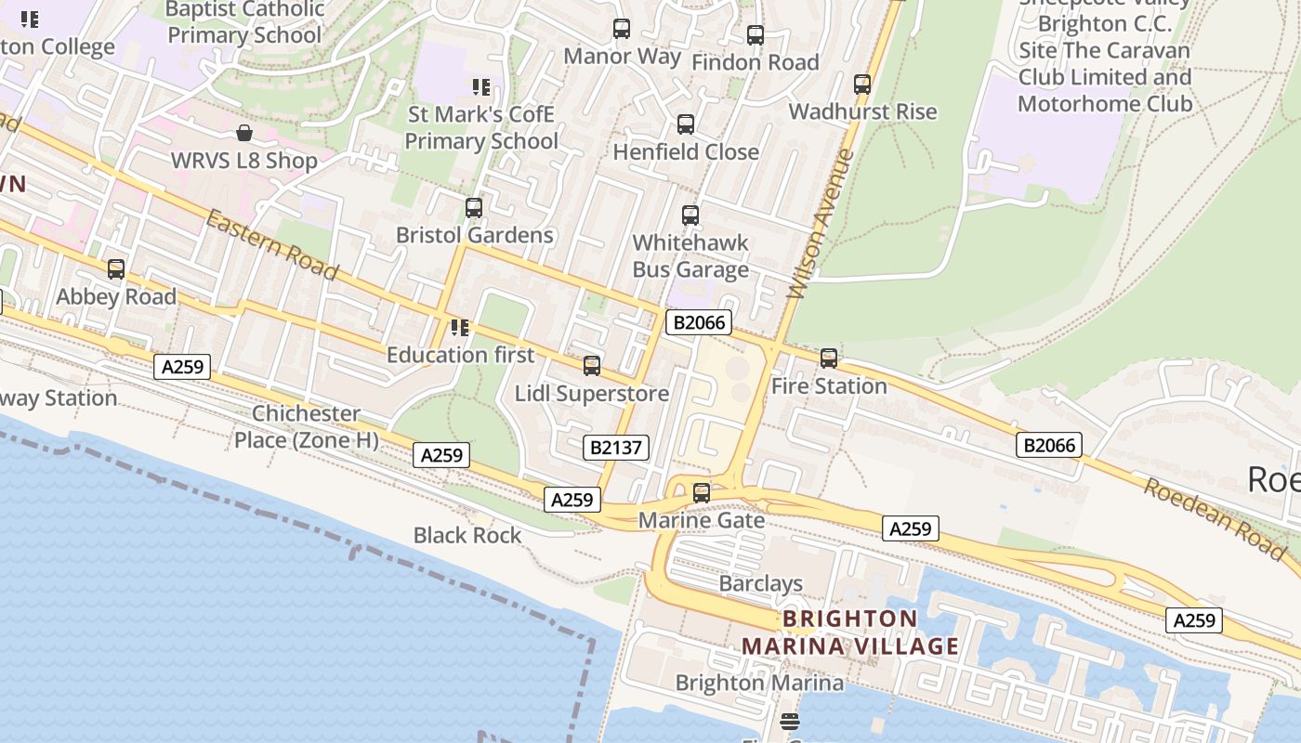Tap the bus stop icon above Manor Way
[622, 29]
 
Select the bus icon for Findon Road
[756, 35]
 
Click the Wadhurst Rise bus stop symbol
[862, 85]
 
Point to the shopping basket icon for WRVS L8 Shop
[244, 133]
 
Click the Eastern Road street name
[271, 244]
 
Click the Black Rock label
[467, 535]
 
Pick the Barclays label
[760, 583]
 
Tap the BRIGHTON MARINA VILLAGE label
[849, 632]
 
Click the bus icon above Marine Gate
[702, 493]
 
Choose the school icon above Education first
[460, 328]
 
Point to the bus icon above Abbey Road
[116, 269]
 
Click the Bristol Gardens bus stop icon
[474, 208]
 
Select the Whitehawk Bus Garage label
[690, 255]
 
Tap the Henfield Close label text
[686, 151]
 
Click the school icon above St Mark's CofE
[480, 87]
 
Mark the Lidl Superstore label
[592, 393]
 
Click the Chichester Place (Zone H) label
[306, 426]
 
